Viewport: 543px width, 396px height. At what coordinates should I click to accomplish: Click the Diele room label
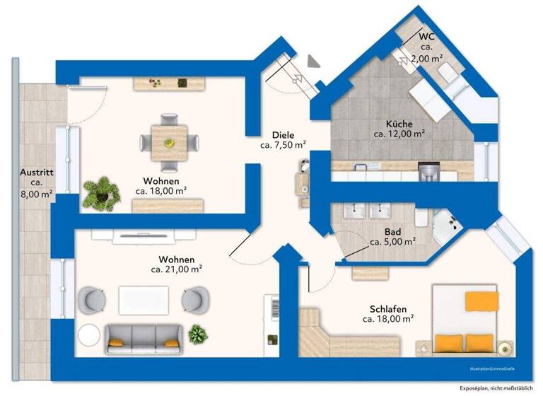pyautogui.click(x=282, y=134)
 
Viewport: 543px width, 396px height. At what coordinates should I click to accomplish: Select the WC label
pyautogui.click(x=426, y=36)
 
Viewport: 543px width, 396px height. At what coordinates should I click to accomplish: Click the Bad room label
pyautogui.click(x=392, y=231)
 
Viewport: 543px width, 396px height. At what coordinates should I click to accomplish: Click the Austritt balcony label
pyautogui.click(x=37, y=171)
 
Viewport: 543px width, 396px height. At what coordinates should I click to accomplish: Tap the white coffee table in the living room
pyautogui.click(x=145, y=298)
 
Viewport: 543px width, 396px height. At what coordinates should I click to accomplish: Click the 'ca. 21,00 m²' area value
pyautogui.click(x=177, y=269)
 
